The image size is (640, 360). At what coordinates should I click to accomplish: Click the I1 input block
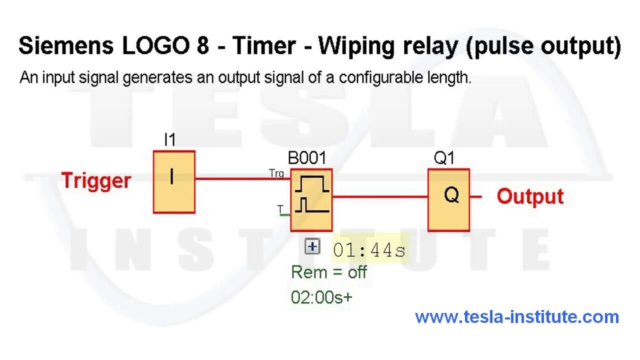pyautogui.click(x=173, y=182)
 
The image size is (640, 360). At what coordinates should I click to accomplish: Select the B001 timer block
pyautogui.click(x=311, y=200)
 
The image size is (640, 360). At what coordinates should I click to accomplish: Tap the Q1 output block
pyautogui.click(x=448, y=199)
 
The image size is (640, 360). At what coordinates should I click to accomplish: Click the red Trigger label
pyautogui.click(x=96, y=180)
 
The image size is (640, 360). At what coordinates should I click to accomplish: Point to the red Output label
pyautogui.click(x=530, y=196)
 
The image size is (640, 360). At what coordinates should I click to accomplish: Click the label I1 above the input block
pyautogui.click(x=170, y=140)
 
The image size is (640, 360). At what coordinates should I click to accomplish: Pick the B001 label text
pyautogui.click(x=306, y=158)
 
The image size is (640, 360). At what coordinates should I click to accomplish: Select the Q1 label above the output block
pyautogui.click(x=444, y=158)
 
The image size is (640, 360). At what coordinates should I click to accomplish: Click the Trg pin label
pyautogui.click(x=276, y=173)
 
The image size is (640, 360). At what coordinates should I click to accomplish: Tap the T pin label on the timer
pyautogui.click(x=280, y=209)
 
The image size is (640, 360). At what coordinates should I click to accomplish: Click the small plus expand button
pyautogui.click(x=312, y=246)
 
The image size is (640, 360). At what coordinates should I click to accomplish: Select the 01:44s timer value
pyautogui.click(x=369, y=250)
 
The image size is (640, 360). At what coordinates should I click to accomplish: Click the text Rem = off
pyautogui.click(x=328, y=272)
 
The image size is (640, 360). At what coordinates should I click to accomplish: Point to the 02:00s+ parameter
pyautogui.click(x=321, y=297)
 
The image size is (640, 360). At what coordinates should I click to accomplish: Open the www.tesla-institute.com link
pyautogui.click(x=517, y=316)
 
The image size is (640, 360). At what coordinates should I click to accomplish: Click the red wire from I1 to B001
pyautogui.click(x=240, y=178)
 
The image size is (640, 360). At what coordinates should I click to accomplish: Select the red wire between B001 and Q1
pyautogui.click(x=380, y=196)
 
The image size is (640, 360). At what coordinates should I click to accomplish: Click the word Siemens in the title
pyautogui.click(x=65, y=46)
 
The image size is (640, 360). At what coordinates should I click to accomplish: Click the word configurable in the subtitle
pyautogui.click(x=379, y=78)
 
